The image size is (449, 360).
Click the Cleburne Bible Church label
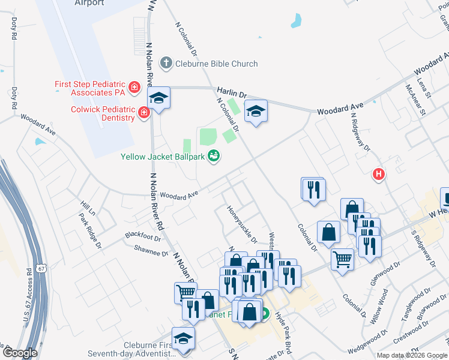pyautogui.click(x=216, y=64)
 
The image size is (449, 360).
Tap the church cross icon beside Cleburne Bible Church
pyautogui.click(x=166, y=64)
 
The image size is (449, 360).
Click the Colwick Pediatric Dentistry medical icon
pyautogui.click(x=143, y=113)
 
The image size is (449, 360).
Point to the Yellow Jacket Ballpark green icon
pyautogui.click(x=212, y=157)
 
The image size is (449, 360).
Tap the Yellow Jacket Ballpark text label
pyautogui.click(x=163, y=157)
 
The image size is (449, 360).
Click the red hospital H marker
pyautogui.click(x=378, y=175)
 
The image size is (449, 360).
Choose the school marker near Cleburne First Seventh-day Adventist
pyautogui.click(x=183, y=338)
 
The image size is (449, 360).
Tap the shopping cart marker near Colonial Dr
pyautogui.click(x=342, y=260)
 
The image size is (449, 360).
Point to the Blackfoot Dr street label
pyautogui.click(x=143, y=237)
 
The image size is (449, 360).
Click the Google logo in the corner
pyautogui.click(x=19, y=353)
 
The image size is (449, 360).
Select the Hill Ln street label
pyautogui.click(x=88, y=208)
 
